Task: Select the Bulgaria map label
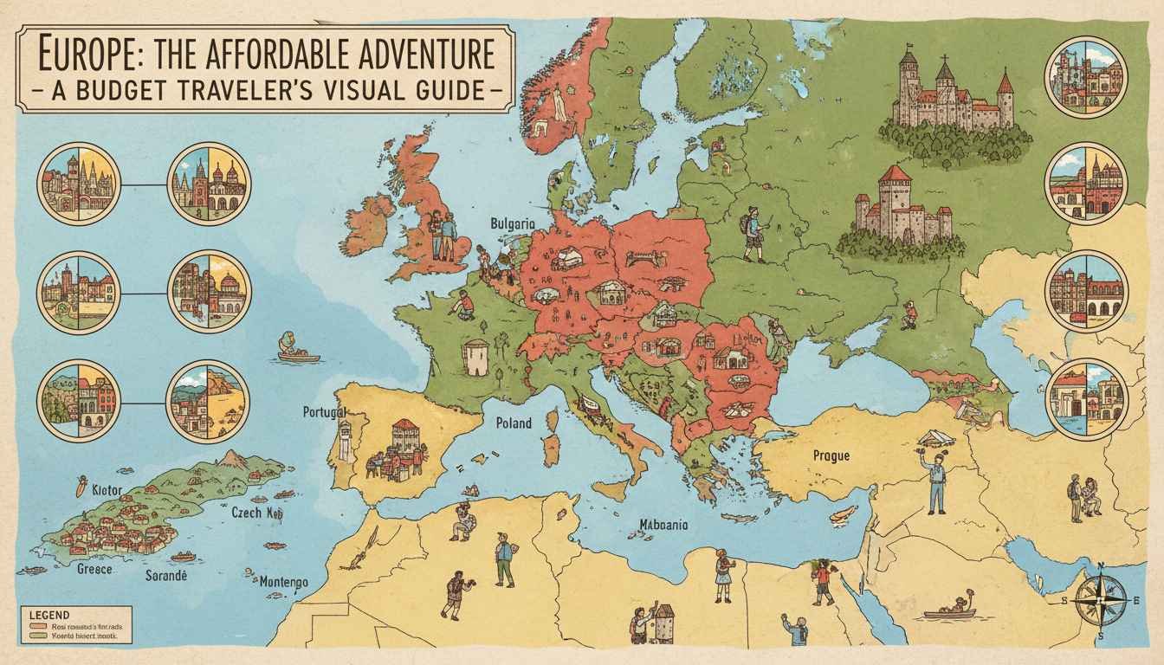[513, 223]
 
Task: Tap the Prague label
[831, 455]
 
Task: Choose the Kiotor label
[101, 491]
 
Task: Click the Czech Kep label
[258, 512]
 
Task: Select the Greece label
[94, 571]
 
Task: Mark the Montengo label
[283, 583]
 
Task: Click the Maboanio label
[664, 524]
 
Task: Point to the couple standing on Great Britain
[443, 236]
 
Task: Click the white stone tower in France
[475, 357]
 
